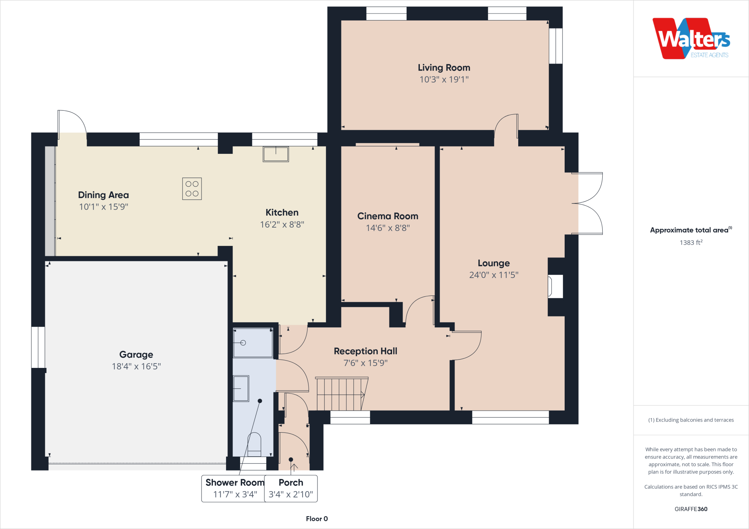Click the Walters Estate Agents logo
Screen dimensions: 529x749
(x=691, y=39)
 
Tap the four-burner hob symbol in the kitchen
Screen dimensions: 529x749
(x=192, y=189)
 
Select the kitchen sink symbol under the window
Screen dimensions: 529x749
(x=276, y=154)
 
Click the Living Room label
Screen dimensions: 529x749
(x=444, y=68)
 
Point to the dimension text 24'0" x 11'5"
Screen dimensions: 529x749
(x=494, y=275)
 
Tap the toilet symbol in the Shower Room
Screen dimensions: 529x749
(x=255, y=444)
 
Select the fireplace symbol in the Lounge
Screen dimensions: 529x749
(x=554, y=286)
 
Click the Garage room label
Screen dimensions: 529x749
(x=136, y=354)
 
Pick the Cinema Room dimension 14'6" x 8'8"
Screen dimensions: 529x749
(x=388, y=228)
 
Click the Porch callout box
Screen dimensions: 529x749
(x=291, y=488)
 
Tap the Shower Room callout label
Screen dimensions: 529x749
(x=235, y=483)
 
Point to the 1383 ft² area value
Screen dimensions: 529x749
(x=691, y=243)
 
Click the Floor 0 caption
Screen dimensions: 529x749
(x=317, y=519)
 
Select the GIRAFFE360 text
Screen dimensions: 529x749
(x=691, y=509)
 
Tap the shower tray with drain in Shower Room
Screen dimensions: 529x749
(x=253, y=343)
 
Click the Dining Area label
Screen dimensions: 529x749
(x=103, y=195)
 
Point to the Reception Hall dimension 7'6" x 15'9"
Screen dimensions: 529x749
(x=365, y=363)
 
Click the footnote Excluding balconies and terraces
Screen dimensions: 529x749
(x=691, y=420)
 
